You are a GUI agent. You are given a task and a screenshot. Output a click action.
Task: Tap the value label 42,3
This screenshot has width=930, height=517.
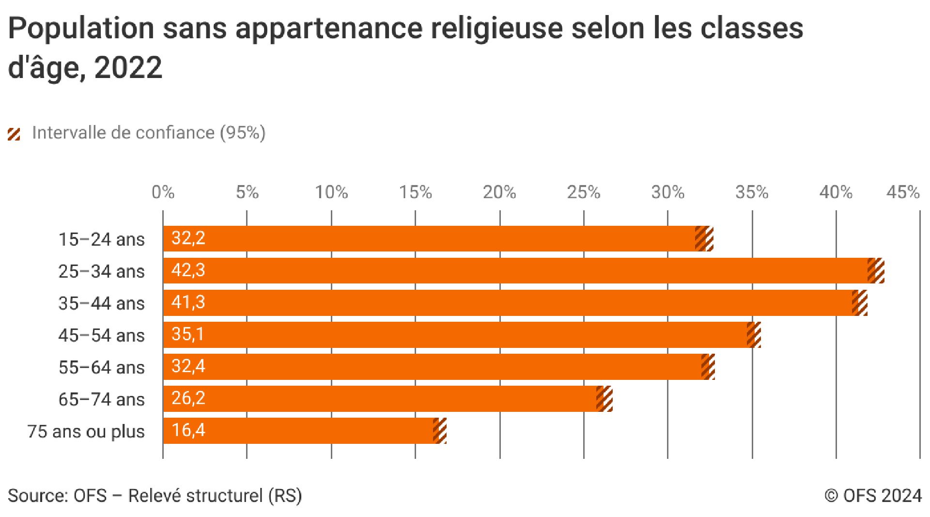(188, 270)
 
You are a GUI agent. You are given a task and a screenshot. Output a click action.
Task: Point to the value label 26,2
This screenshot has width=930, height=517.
(188, 398)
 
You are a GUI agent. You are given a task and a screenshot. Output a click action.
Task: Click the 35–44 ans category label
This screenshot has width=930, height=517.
(101, 303)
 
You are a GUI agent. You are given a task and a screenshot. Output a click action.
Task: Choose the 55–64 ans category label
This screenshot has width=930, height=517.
(101, 367)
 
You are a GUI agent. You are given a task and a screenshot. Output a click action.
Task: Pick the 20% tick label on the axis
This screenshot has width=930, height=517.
(499, 192)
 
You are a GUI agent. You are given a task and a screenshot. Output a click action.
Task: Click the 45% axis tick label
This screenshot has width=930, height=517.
(903, 192)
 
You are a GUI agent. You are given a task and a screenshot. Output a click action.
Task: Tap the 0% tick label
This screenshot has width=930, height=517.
(163, 192)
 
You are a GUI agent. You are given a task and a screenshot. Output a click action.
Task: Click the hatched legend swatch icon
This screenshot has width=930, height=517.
(14, 134)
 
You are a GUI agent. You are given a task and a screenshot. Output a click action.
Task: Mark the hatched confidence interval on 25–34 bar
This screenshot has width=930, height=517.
(876, 270)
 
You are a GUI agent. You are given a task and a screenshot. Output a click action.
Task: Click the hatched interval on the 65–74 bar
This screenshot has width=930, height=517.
(604, 398)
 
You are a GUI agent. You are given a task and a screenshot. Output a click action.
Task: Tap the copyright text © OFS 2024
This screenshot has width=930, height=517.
(873, 496)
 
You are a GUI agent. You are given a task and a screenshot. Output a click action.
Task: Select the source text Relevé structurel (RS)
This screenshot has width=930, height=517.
(215, 496)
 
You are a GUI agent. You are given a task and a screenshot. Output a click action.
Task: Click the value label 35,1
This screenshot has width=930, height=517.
(187, 334)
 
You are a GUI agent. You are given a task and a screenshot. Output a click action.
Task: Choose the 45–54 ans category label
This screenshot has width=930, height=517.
(101, 335)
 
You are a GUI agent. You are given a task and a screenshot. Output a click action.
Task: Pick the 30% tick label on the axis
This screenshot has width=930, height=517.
(667, 192)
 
